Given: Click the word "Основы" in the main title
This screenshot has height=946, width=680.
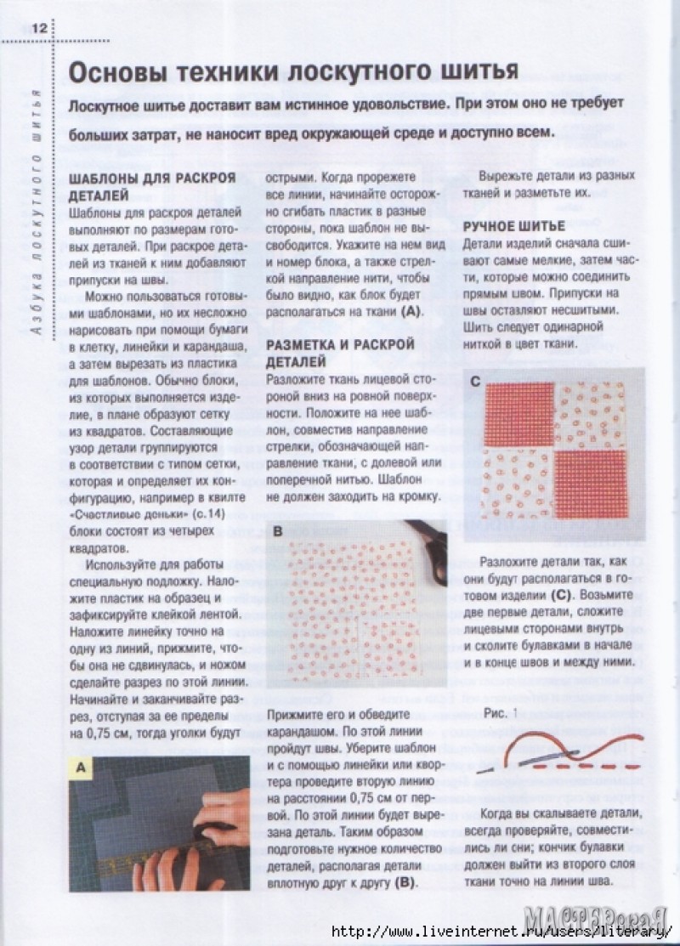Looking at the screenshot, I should point(116,71).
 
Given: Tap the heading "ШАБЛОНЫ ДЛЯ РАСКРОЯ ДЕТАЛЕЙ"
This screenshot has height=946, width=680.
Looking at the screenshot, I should point(150,187).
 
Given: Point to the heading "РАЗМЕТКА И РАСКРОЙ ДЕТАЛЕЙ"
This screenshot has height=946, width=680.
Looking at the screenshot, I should point(340,353).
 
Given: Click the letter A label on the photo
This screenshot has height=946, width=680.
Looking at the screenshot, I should point(82,769).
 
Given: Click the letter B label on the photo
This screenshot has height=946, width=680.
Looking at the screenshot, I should point(278,533).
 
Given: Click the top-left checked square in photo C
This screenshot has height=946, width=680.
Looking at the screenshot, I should point(519,411).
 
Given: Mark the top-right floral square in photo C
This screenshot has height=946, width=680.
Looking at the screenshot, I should point(586,411).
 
